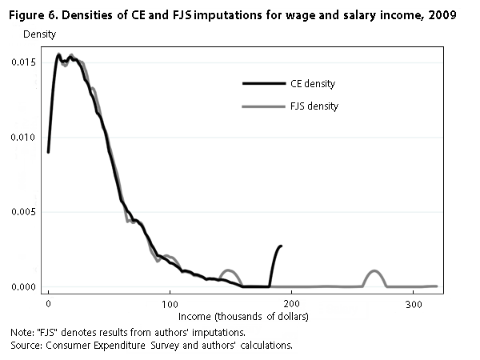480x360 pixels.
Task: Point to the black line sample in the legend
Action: (263, 83)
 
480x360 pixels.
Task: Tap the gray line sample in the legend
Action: (263, 106)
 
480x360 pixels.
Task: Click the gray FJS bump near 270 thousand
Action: (374, 271)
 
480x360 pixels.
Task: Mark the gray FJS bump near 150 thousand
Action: (229, 270)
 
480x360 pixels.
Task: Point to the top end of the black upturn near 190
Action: (281, 246)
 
